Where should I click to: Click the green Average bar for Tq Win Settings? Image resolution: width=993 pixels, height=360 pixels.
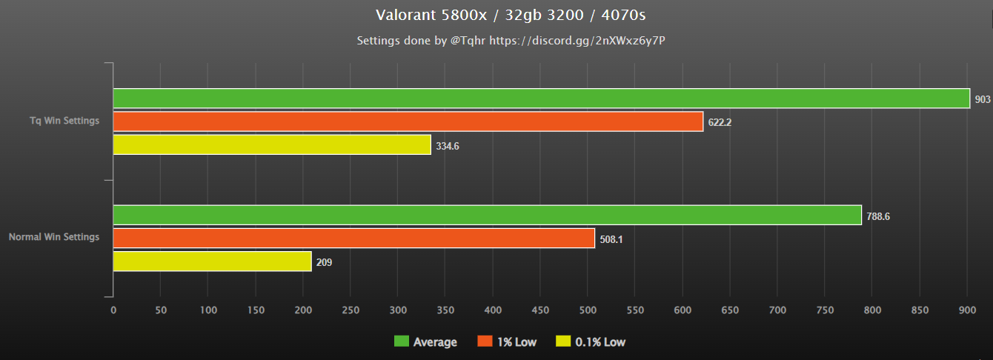point(541,99)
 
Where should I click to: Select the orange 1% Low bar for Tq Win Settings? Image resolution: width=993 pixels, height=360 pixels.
point(408,121)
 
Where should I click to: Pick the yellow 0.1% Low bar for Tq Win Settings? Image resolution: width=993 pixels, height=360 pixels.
point(272,145)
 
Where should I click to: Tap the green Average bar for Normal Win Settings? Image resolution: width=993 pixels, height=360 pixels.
point(487,216)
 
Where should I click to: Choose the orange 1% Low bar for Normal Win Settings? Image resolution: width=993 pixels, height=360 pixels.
point(353,239)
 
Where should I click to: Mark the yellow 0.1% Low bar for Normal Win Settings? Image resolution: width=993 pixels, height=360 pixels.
point(212,261)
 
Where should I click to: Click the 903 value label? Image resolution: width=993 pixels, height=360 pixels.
point(983,99)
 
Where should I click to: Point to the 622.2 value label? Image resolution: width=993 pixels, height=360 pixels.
point(720,122)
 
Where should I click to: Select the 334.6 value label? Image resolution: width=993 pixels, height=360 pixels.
point(448,146)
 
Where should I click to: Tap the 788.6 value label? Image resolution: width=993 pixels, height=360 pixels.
point(878,216)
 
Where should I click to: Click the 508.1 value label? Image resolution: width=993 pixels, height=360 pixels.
point(611,239)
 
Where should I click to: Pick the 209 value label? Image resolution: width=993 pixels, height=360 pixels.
point(325,262)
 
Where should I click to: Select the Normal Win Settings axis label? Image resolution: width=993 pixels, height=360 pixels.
point(54,238)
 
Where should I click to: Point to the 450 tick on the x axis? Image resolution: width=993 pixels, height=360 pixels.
point(540,310)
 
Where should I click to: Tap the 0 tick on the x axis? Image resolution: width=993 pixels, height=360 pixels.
point(113,310)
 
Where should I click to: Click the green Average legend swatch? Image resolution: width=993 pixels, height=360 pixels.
point(401,341)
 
